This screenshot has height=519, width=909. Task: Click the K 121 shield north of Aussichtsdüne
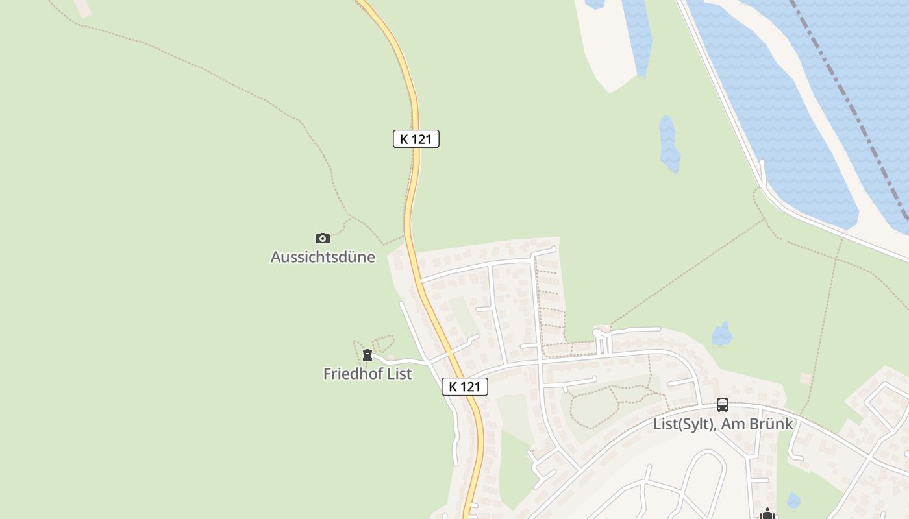[x=416, y=139]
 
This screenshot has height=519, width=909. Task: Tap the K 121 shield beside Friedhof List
[x=465, y=387]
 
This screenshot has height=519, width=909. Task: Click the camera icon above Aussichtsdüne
[x=323, y=238]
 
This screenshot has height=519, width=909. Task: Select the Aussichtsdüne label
[x=323, y=257]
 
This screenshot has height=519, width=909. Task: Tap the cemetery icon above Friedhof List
[x=367, y=355]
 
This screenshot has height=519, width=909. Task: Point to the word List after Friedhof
[x=399, y=374]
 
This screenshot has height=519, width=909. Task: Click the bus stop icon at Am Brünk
[x=723, y=405]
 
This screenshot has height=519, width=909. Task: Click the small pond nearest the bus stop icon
[x=722, y=333]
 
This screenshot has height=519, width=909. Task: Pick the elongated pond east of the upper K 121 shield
[x=669, y=144]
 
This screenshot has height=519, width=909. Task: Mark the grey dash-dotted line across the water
[x=851, y=110]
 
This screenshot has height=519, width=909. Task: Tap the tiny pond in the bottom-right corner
[x=793, y=500]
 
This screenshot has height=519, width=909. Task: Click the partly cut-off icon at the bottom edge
[x=767, y=514]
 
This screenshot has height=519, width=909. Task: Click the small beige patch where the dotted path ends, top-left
[x=82, y=8]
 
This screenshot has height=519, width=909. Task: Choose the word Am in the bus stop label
[x=730, y=424]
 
